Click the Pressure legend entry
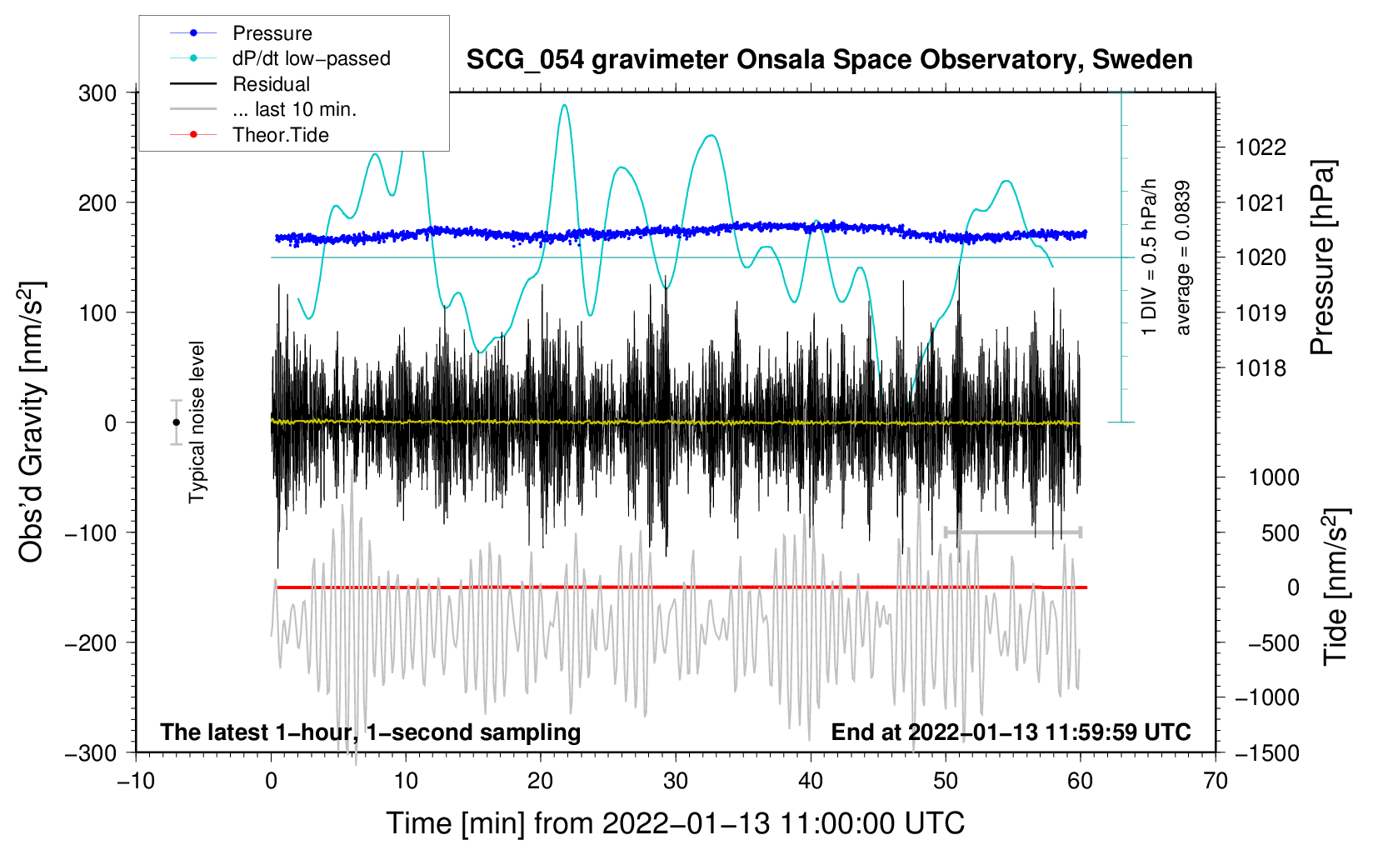click(242, 32)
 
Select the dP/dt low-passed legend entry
click(280, 58)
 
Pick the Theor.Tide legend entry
click(249, 135)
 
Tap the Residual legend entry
click(240, 84)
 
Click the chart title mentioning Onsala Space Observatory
click(829, 60)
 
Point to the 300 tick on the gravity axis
click(97, 93)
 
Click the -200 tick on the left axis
click(91, 643)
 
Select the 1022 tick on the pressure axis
click(1261, 147)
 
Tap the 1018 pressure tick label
click(1261, 369)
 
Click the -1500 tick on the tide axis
click(1267, 753)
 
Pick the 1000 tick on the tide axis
click(1275, 477)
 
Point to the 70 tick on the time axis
click(1215, 781)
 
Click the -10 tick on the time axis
click(136, 781)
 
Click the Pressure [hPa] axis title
click(1323, 257)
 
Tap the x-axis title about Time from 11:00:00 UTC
click(676, 823)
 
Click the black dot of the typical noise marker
click(176, 422)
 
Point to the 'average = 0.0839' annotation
click(1182, 257)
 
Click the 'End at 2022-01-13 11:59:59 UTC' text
click(1011, 732)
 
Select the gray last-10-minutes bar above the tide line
click(1012, 532)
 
